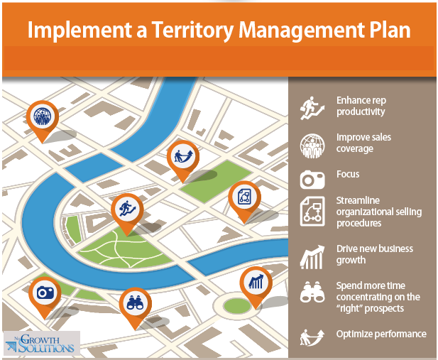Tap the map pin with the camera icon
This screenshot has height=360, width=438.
(x=45, y=297)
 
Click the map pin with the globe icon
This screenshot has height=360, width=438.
(x=43, y=121)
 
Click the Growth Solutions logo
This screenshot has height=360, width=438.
(x=42, y=343)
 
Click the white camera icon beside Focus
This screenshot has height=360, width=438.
(x=312, y=180)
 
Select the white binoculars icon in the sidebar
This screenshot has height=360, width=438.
(x=312, y=292)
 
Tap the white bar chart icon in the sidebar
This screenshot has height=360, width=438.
(x=312, y=257)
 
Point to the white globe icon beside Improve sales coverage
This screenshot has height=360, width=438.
(x=312, y=146)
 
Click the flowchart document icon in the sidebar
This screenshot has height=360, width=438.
(x=312, y=212)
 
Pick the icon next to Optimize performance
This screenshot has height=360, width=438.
(x=312, y=337)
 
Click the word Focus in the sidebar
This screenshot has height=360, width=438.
(x=348, y=174)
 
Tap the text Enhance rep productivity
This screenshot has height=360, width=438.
(x=361, y=106)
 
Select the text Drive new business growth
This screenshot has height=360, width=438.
(x=374, y=254)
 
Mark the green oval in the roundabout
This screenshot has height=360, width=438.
(x=237, y=305)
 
